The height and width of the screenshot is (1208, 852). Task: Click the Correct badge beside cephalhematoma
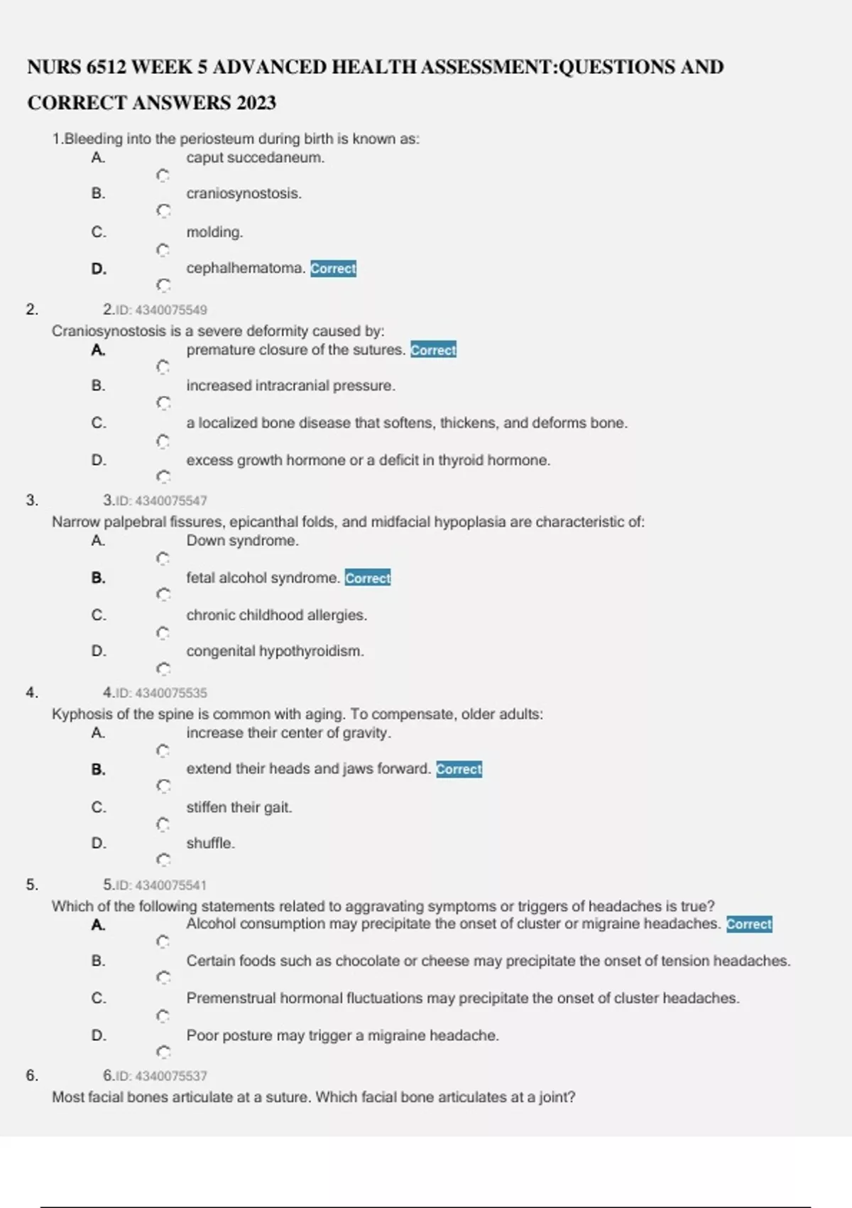tap(333, 269)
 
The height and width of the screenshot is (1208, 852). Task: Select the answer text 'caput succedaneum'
tap(255, 158)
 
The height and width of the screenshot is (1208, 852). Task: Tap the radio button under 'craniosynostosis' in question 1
tap(163, 211)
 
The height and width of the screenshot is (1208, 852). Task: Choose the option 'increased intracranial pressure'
tap(290, 386)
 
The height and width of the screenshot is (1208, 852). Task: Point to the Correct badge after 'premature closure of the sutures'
tap(433, 350)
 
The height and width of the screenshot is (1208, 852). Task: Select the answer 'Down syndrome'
tap(242, 541)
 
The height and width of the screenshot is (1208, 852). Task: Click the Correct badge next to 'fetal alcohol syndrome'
tap(368, 578)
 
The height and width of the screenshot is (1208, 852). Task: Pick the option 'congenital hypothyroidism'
tap(275, 652)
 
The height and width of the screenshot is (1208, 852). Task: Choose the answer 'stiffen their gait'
tap(239, 808)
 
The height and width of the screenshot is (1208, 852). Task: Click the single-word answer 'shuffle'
tap(210, 843)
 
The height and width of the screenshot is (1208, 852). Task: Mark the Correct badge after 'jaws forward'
tap(459, 770)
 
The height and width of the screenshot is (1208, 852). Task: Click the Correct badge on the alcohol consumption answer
tap(749, 924)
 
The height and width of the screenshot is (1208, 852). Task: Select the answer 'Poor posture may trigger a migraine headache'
tap(342, 1036)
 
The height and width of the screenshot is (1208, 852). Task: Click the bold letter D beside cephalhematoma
tap(99, 269)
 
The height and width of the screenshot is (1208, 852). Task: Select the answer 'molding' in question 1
tap(214, 232)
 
